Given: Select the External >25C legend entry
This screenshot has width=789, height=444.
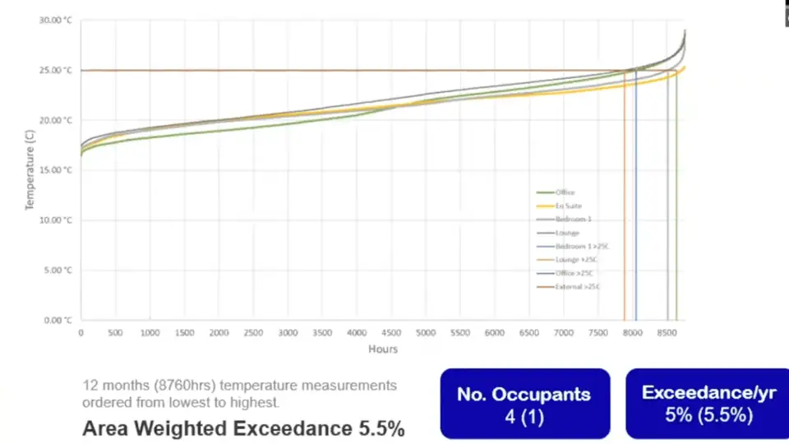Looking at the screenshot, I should (x=577, y=286).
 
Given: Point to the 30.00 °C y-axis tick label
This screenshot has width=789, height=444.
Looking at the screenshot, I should (x=55, y=20).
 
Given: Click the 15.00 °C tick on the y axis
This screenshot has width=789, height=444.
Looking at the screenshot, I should (x=55, y=170).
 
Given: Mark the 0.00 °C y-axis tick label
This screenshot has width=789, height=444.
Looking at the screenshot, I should (x=57, y=320).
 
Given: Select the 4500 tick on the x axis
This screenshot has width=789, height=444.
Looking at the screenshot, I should (x=391, y=333).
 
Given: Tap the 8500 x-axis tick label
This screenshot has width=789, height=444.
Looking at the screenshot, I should (x=667, y=333).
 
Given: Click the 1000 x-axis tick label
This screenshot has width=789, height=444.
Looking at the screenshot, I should (x=150, y=333).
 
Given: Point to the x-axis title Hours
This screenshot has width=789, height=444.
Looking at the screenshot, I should (x=383, y=349).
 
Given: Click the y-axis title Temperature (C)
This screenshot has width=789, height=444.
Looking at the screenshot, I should (x=30, y=170).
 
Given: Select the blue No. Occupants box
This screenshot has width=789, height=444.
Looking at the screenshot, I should (x=524, y=403).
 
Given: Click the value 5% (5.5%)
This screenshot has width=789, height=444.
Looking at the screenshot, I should (x=708, y=415).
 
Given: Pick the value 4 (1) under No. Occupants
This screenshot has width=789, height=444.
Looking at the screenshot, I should (x=524, y=416).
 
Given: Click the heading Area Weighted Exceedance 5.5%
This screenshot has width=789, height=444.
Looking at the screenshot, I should (x=243, y=428).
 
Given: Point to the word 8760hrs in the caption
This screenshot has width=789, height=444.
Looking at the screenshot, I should (x=178, y=385).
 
